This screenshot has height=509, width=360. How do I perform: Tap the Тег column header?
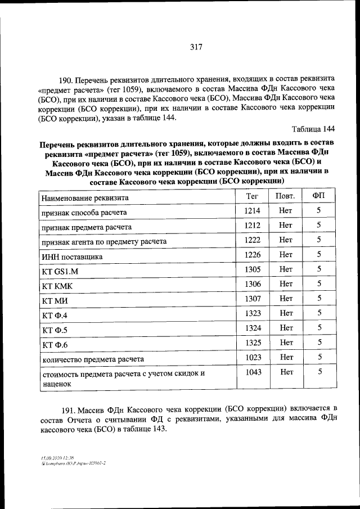tap(252, 196)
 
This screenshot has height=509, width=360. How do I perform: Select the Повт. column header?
tap(285, 196)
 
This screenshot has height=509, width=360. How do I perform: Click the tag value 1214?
tap(253, 210)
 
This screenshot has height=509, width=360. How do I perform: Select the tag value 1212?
tap(253, 225)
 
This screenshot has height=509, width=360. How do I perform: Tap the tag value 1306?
tap(253, 283)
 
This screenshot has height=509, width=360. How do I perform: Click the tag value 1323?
tap(253, 313)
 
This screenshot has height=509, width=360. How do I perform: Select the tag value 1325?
tap(253, 342)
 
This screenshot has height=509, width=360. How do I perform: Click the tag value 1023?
tap(253, 357)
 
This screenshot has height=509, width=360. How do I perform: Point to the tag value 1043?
tap(253, 371)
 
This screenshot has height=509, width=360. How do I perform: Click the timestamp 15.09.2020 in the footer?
tap(48, 457)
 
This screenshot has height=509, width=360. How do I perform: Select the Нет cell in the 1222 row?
tap(286, 240)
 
